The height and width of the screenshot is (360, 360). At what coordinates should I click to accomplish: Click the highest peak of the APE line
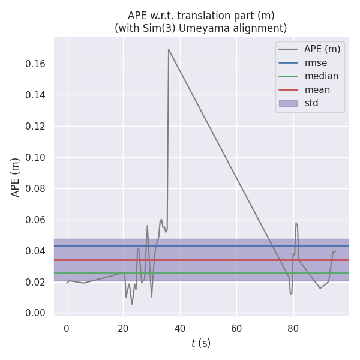(169, 49)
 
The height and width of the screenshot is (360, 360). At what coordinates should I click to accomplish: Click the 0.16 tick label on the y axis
(36, 64)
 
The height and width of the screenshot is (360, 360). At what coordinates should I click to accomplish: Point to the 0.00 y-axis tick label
(36, 313)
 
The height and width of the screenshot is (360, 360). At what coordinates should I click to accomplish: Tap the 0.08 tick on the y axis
(36, 188)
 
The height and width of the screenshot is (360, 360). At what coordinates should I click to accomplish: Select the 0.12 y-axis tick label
(36, 126)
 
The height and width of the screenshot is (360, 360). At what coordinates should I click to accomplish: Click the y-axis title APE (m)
(16, 177)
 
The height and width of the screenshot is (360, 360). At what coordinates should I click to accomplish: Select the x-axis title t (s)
(201, 343)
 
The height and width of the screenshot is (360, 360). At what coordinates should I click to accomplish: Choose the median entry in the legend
(321, 76)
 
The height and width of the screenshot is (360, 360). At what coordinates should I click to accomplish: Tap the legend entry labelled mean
(317, 90)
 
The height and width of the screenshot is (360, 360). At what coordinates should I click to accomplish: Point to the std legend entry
(311, 103)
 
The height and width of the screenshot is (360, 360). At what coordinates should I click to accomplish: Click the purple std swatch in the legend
(288, 103)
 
